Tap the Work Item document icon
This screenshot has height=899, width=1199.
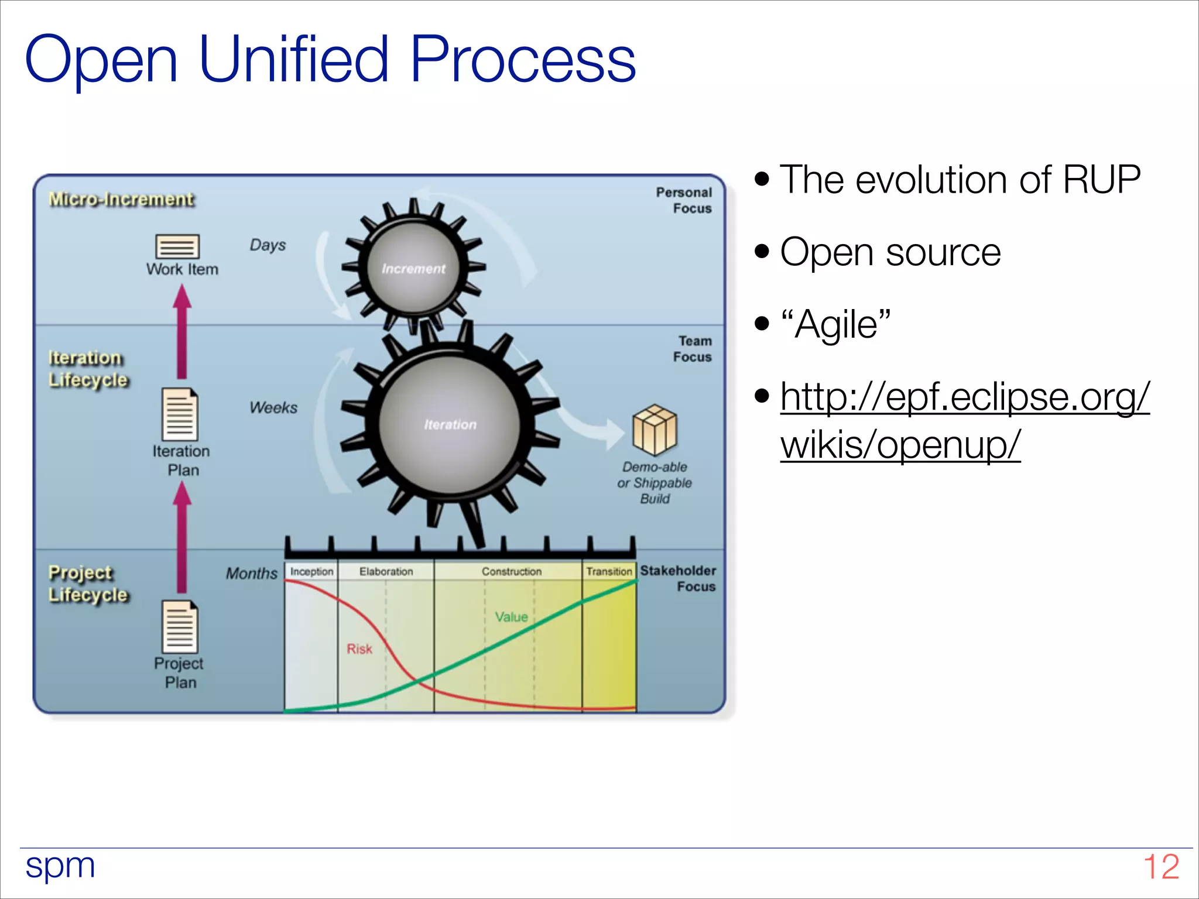coord(177,246)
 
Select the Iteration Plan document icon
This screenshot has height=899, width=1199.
coord(180,414)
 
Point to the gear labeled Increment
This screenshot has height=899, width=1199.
coord(413,268)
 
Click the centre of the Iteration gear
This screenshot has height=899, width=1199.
coord(450,424)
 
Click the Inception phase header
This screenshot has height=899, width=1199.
coord(311,571)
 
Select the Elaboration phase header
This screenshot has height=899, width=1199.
coord(386,571)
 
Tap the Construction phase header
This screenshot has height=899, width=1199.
coord(511,571)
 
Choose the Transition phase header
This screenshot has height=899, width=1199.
coord(609,571)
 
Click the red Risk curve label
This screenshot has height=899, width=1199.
coord(359,648)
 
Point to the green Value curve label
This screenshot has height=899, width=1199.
coord(511,617)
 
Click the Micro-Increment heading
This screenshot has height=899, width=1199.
coord(121,200)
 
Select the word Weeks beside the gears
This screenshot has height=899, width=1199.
coord(273,407)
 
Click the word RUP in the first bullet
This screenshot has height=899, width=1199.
coord(1101,179)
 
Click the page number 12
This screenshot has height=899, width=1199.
coord(1160,867)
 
